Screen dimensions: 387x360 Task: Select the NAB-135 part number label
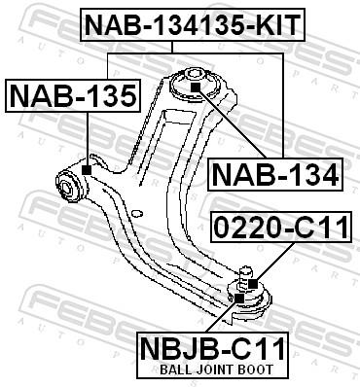[x=72, y=96]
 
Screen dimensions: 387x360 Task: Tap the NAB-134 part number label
[x=275, y=176]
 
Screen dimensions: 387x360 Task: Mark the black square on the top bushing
[x=195, y=88]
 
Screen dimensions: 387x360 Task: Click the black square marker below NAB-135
[x=87, y=170]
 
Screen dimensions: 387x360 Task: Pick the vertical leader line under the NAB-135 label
[x=87, y=141]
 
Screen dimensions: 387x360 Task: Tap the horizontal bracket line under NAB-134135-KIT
[x=195, y=54]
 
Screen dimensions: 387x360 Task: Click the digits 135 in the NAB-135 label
[x=108, y=96]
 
